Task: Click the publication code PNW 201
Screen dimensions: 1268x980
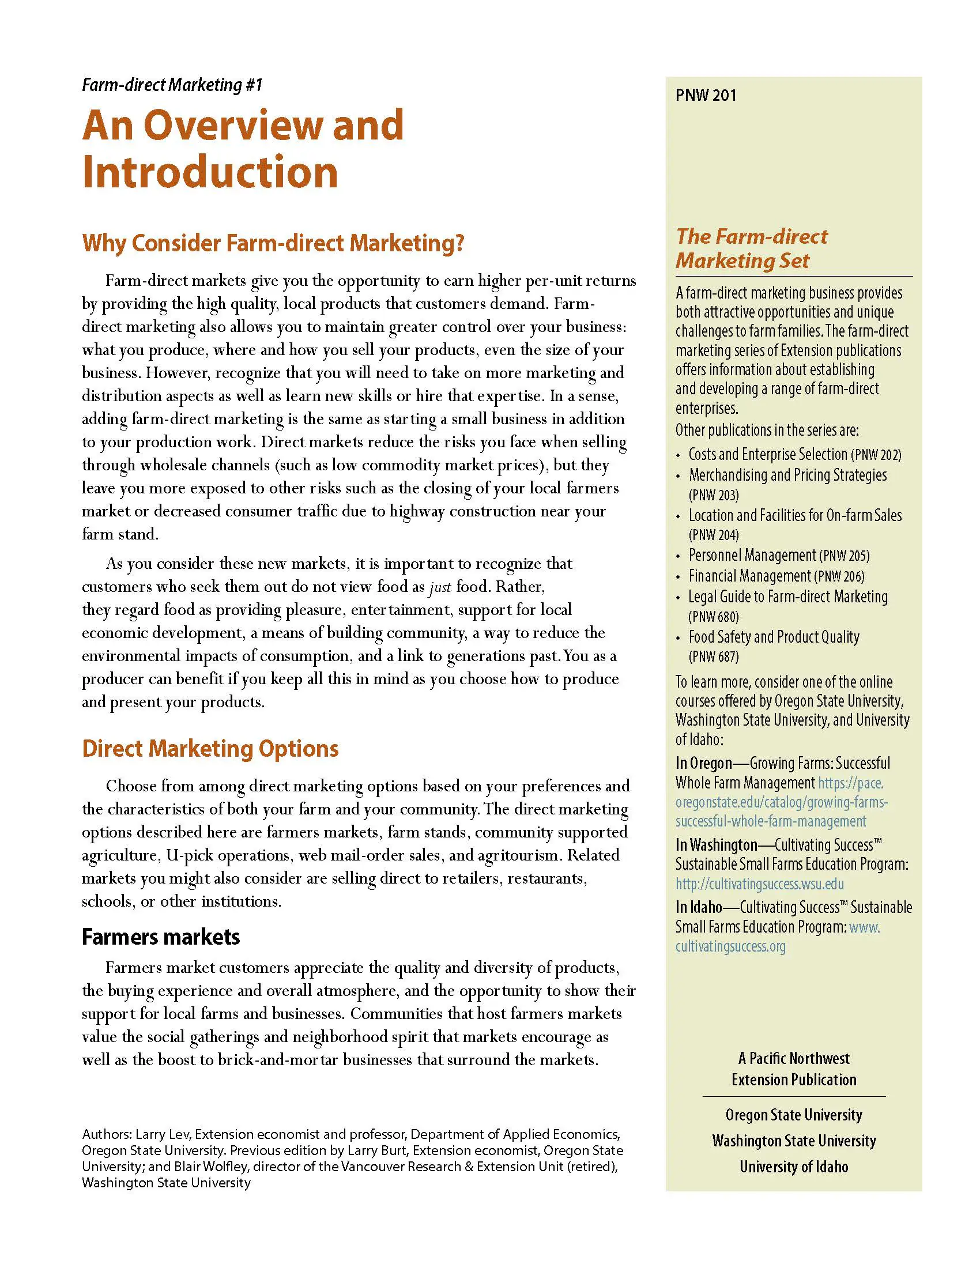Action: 706,95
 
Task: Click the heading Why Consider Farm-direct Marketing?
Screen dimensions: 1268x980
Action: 273,243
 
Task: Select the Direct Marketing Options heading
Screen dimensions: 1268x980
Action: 210,748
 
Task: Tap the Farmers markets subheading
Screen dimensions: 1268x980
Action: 161,937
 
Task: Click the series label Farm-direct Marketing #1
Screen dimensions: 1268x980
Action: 172,85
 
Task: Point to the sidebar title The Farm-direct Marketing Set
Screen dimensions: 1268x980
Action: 751,248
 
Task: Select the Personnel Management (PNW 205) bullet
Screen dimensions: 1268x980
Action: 779,556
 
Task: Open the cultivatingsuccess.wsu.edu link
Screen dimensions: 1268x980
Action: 759,884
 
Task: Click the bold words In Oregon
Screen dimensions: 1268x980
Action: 704,763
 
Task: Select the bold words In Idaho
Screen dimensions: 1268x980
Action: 699,907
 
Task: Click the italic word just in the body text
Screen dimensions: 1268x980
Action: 439,587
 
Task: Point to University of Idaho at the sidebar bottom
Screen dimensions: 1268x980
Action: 794,1167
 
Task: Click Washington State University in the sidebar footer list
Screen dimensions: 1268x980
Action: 794,1140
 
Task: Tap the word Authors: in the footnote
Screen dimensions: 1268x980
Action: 107,1134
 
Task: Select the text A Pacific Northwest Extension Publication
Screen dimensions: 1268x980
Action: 794,1069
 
